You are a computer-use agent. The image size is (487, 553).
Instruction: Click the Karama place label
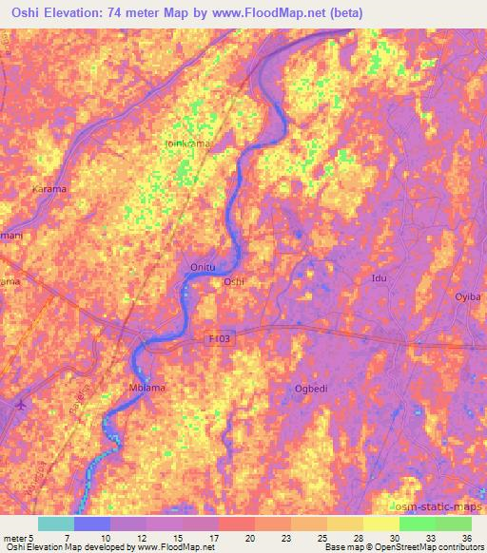[49, 189]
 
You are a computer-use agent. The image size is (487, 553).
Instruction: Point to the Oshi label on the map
[233, 281]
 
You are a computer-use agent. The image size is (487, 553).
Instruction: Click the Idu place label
[380, 277]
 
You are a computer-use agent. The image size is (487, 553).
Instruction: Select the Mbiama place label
[146, 388]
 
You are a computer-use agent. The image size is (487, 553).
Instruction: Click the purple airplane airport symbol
[22, 405]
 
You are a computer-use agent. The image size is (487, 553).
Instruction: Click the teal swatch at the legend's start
[55, 524]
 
